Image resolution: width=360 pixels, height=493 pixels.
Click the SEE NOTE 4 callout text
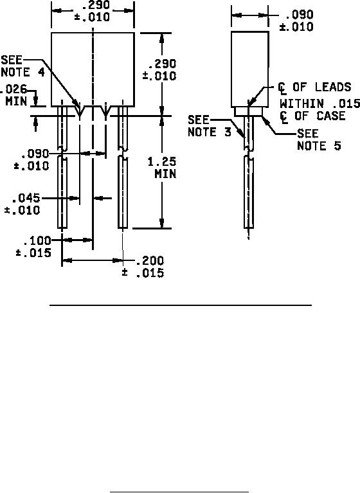tap(22, 66)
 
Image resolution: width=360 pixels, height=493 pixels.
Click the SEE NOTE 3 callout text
tap(210, 126)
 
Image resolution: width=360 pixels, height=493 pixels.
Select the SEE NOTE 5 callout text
tap(319, 139)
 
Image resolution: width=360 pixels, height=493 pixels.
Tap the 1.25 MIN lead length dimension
tap(162, 168)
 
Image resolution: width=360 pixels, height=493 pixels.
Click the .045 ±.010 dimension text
tap(22, 204)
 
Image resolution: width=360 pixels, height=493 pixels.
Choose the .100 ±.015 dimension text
tap(33, 247)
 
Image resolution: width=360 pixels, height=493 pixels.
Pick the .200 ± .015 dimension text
tap(143, 267)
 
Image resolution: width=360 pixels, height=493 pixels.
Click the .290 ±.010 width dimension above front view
tap(92, 11)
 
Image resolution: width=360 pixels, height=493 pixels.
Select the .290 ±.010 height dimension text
tap(159, 70)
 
